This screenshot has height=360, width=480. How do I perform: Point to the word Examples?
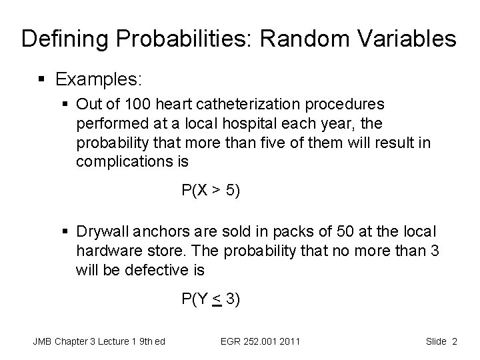[99, 79]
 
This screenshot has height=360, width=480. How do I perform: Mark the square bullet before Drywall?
[65, 232]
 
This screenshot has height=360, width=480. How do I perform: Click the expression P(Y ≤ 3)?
[211, 299]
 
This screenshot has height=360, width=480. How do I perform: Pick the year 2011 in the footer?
[289, 341]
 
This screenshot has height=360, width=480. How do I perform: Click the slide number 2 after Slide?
[454, 341]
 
